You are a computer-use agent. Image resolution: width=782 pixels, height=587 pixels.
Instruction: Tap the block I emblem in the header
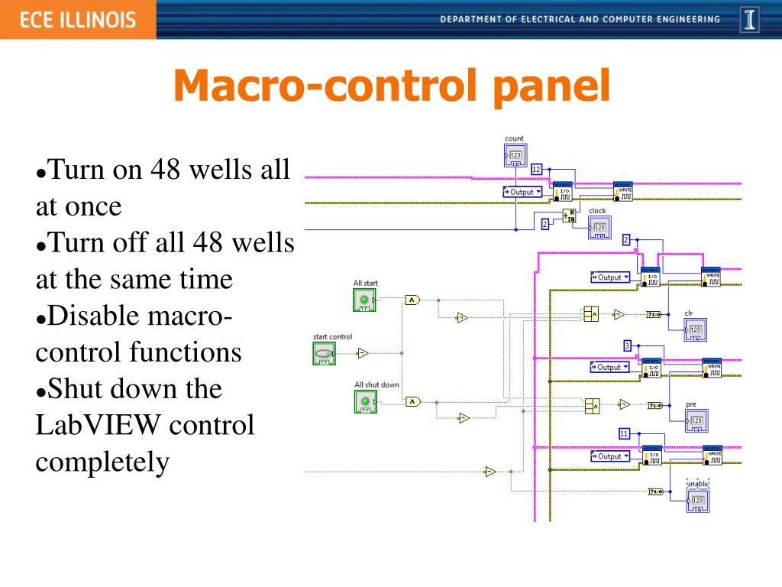click(751, 20)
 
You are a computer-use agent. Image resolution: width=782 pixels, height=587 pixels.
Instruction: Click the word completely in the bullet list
click(102, 462)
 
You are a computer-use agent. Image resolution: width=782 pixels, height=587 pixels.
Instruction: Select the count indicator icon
click(515, 156)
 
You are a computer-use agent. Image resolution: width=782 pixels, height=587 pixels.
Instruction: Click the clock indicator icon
click(599, 227)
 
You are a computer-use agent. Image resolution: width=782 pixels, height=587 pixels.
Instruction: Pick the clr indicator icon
click(695, 329)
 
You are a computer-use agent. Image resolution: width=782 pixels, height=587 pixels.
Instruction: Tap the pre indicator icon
click(696, 420)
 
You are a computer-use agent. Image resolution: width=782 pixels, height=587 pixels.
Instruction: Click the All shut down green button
click(365, 401)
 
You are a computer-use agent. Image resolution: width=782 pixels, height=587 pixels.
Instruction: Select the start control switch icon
click(324, 353)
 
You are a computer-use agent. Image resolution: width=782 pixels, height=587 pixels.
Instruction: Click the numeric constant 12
click(536, 169)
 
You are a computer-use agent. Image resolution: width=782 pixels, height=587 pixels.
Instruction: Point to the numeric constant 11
click(624, 433)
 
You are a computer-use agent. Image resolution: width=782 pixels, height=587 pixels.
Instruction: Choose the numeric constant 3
click(627, 345)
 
